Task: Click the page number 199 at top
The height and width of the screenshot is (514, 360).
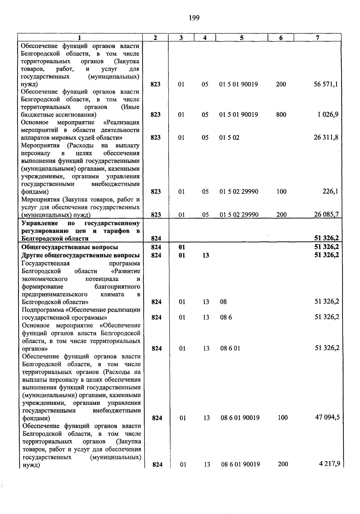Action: click(194, 18)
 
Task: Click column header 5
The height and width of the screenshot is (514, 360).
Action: click(241, 37)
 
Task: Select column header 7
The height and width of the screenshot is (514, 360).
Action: click(317, 37)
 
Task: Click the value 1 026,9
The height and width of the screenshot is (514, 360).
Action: click(328, 115)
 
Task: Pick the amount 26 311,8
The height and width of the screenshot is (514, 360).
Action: click(326, 137)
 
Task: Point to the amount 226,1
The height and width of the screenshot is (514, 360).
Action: click(330, 191)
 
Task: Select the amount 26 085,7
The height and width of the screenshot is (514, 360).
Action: click(326, 214)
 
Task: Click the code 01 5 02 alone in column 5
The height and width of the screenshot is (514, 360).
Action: click(229, 138)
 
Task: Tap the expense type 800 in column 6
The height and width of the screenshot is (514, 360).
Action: click(281, 115)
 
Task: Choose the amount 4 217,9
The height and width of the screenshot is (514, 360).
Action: click(329, 464)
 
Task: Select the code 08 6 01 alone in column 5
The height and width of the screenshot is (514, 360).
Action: click(230, 348)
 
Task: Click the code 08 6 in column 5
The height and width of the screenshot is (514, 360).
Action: click(226, 317)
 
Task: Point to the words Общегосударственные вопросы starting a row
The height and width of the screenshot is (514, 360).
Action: click(70, 247)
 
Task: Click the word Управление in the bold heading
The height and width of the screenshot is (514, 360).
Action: click(40, 223)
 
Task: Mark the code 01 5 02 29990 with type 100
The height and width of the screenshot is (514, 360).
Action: click(239, 192)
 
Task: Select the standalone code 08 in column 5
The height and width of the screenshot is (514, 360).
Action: click(223, 302)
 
